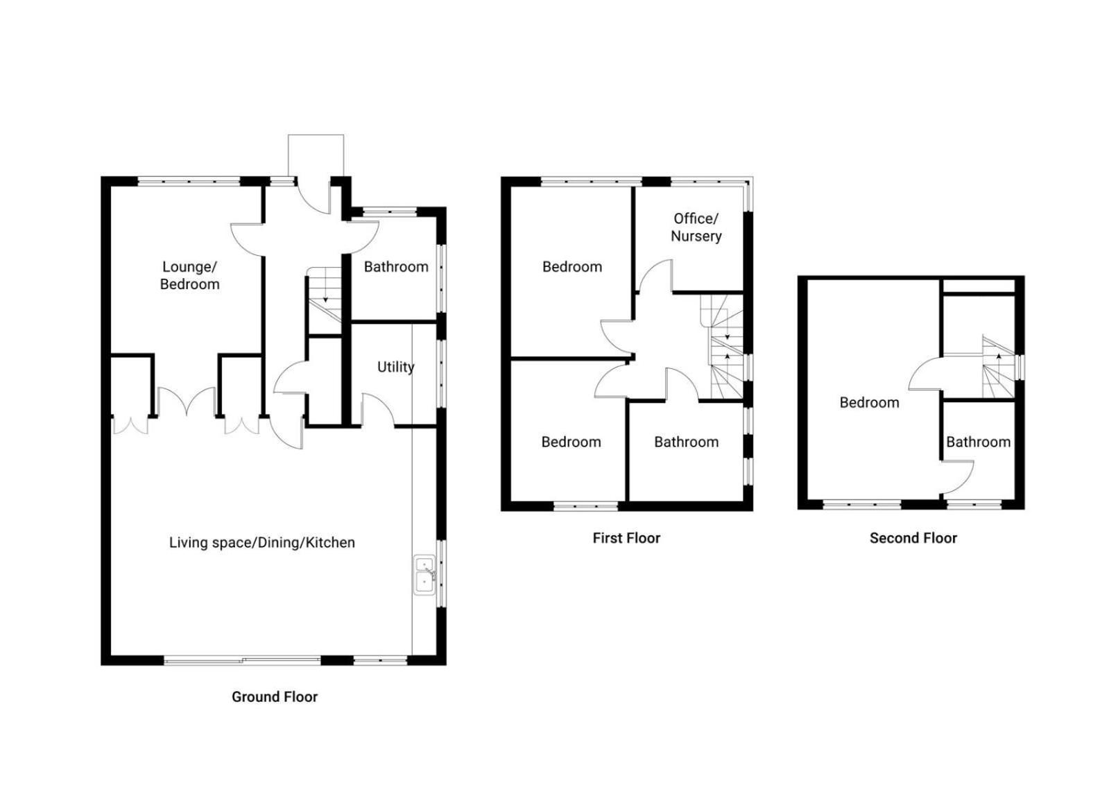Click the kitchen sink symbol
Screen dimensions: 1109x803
(424, 574)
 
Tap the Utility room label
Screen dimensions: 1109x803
(395, 367)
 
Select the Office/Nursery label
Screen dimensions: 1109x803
(696, 227)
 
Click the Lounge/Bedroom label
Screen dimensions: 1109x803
(189, 275)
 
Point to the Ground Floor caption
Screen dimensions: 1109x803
(275, 697)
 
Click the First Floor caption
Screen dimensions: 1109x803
(626, 537)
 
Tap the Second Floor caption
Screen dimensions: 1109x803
(913, 537)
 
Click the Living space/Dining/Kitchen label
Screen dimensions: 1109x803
(262, 542)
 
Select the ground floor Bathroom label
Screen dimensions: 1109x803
(396, 267)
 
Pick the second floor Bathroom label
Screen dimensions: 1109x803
(979, 442)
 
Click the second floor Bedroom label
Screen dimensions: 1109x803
(870, 402)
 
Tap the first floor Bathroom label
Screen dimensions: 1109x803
(686, 442)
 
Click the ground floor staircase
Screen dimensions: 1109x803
(325, 300)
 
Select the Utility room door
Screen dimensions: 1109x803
(378, 409)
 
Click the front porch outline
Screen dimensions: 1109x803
(316, 155)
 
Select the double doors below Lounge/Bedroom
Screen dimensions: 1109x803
(187, 401)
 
